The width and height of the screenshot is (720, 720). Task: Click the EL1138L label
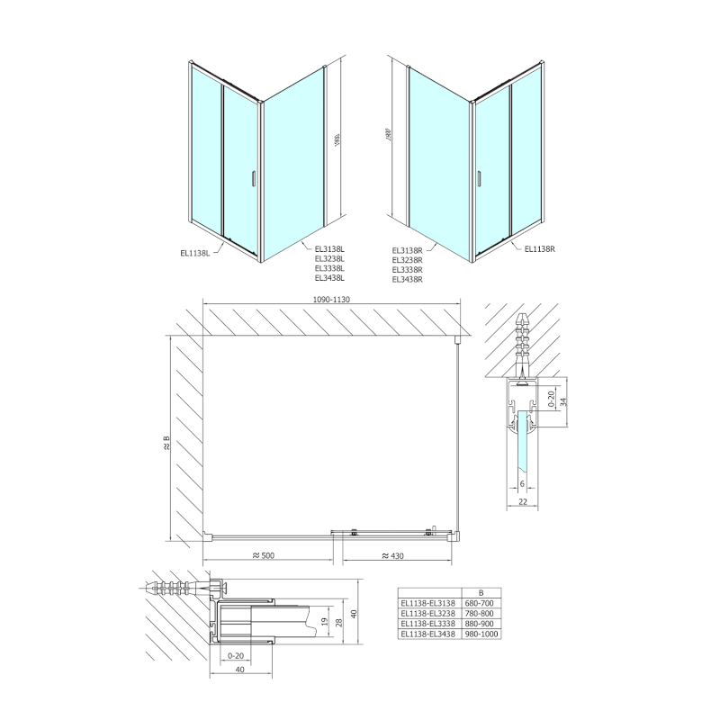(195, 253)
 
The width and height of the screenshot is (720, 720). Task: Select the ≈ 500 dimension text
(264, 555)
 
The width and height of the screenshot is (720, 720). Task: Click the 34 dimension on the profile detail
(563, 402)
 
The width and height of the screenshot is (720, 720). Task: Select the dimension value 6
(523, 483)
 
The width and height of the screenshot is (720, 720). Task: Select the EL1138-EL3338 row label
(429, 624)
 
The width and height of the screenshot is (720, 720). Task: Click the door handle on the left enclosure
(255, 178)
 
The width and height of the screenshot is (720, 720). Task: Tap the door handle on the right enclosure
(478, 178)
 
